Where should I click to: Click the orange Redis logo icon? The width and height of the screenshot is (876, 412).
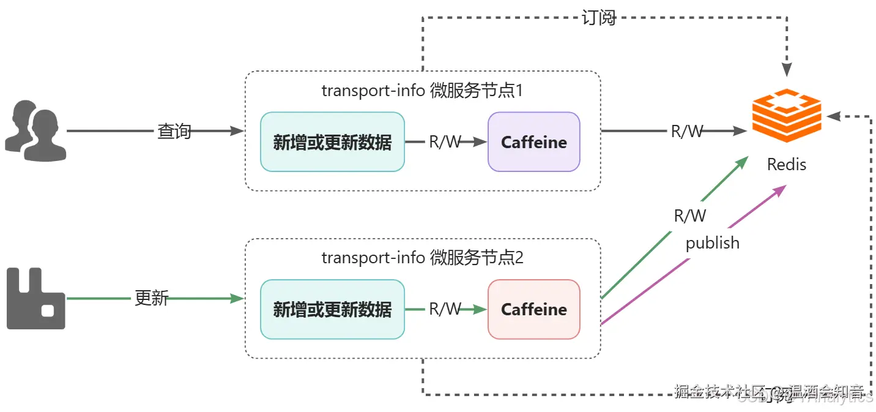tap(786, 117)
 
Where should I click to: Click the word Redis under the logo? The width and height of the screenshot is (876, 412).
tap(787, 165)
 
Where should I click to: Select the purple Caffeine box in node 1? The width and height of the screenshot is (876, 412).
tap(533, 142)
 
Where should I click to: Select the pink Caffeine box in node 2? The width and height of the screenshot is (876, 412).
tap(533, 309)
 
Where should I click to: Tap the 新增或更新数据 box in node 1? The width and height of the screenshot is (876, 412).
tap(332, 142)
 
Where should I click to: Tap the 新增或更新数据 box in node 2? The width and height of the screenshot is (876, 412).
tap(332, 309)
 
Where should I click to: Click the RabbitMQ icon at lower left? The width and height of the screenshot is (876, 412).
tap(35, 299)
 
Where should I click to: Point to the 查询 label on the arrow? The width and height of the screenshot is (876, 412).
tap(174, 131)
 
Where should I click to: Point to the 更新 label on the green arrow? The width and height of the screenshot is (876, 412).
tap(151, 298)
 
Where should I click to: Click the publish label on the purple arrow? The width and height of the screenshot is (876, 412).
tap(712, 243)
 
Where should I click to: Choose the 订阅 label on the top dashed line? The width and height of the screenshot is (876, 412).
tap(598, 18)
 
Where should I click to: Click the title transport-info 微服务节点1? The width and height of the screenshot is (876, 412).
tap(422, 91)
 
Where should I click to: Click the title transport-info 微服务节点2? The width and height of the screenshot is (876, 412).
tap(422, 257)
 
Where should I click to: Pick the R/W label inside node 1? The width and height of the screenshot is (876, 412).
tap(445, 142)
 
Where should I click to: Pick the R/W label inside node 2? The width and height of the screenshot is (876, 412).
tap(445, 309)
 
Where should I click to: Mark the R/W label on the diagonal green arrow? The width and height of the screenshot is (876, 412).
tap(689, 215)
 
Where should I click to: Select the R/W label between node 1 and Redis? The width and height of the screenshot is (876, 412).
tap(687, 131)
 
